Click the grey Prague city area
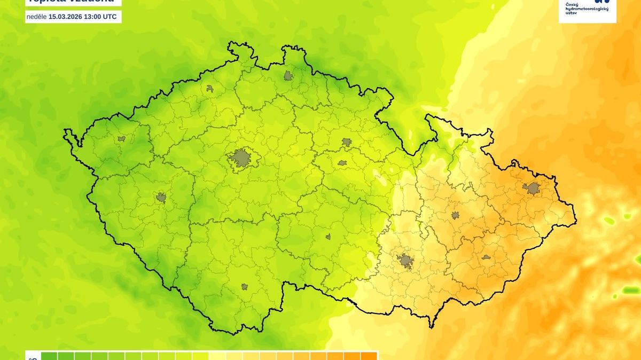click(x=241, y=158)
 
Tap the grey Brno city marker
click(x=405, y=261)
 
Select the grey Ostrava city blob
click(x=533, y=188)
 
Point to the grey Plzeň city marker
click(x=161, y=198)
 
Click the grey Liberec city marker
click(x=289, y=75)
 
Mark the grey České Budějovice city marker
click(x=245, y=287)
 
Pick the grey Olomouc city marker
click(x=455, y=215)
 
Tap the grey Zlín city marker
click(x=486, y=257)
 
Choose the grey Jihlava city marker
click(x=328, y=237)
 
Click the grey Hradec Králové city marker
click(x=347, y=142)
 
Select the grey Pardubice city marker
click(x=342, y=163)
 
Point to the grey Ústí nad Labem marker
click(x=210, y=89)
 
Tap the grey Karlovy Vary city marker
click(x=121, y=139)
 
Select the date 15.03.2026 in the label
click(x=66, y=17)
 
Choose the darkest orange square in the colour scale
click(x=369, y=356)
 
